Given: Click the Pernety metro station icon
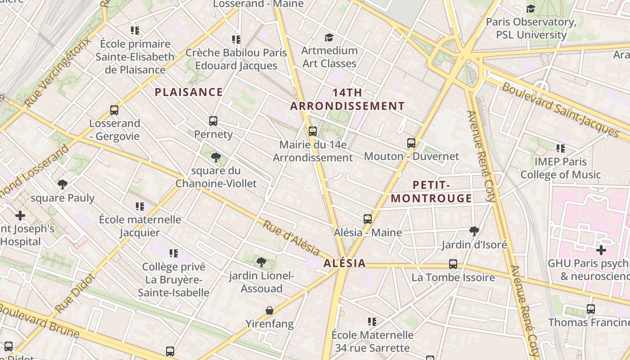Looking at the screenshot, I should [x=213, y=121].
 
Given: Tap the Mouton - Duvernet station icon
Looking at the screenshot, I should [x=411, y=143].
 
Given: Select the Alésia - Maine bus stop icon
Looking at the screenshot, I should [x=368, y=219].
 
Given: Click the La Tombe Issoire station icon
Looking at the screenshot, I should [x=453, y=264].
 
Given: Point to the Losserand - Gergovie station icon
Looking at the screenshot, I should [x=114, y=110].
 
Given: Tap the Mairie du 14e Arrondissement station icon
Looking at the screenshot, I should [x=313, y=131].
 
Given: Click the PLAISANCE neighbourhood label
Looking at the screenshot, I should [x=189, y=92].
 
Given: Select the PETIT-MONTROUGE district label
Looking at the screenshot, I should [x=431, y=192].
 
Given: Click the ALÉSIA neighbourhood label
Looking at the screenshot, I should [x=344, y=264].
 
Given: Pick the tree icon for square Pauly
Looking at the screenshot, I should [x=63, y=184].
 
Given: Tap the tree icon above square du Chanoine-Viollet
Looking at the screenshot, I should [x=216, y=157].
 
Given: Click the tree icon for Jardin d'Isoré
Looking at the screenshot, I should [x=474, y=231].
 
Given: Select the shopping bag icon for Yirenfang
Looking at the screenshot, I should [x=270, y=310].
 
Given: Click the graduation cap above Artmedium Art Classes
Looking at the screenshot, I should [x=329, y=37].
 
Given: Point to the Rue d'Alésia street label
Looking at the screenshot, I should [x=291, y=238].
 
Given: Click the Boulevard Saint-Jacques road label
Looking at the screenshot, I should [x=560, y=109].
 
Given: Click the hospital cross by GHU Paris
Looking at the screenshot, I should [x=601, y=250].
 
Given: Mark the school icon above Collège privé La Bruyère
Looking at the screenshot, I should [x=174, y=253].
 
